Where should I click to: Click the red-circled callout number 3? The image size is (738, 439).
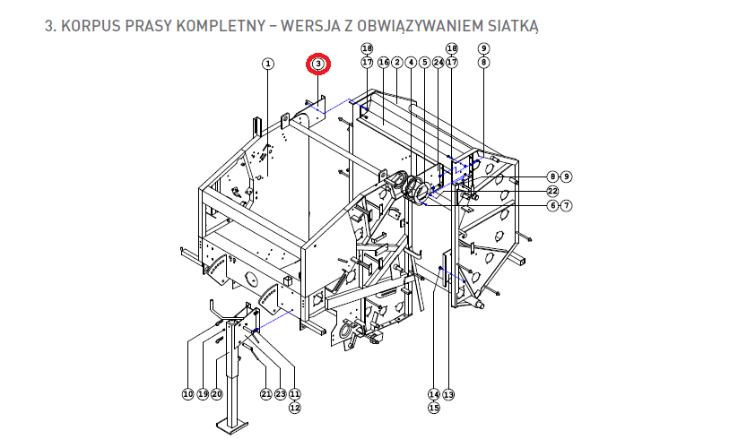pyautogui.click(x=318, y=64)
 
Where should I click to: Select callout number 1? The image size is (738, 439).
pyautogui.click(x=268, y=64)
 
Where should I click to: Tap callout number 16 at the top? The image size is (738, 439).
pyautogui.click(x=384, y=62)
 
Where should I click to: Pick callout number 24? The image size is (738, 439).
pyautogui.click(x=438, y=62)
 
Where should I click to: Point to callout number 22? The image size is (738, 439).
pyautogui.click(x=552, y=192)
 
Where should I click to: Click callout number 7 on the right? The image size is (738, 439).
pyautogui.click(x=566, y=205)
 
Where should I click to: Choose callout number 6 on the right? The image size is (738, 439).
pyautogui.click(x=552, y=205)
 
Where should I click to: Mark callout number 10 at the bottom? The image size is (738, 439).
pyautogui.click(x=187, y=394)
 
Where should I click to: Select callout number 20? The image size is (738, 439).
pyautogui.click(x=216, y=394)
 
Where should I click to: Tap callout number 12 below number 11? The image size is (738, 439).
pyautogui.click(x=295, y=408)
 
